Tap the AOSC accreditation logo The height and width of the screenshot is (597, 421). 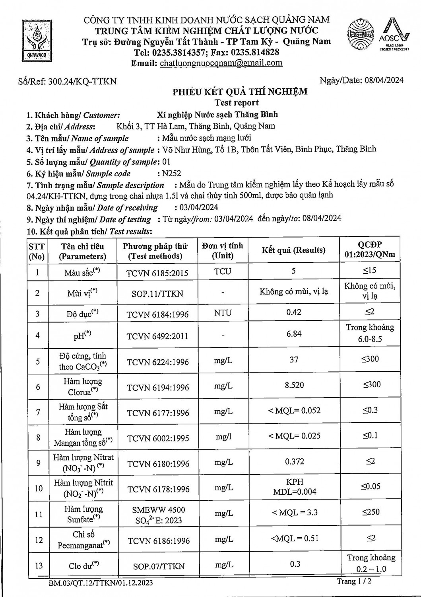tap(394, 35)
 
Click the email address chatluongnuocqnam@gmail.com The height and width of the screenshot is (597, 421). tap(221, 63)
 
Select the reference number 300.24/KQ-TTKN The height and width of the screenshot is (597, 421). tap(82, 82)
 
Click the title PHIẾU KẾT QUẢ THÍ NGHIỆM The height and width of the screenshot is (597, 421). tap(240, 92)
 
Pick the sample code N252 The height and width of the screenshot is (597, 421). tap(171, 173)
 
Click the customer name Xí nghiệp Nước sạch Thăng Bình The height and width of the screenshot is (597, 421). tap(217, 115)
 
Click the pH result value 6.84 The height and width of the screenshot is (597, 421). tap(294, 334)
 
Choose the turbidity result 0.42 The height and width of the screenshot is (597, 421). tap(294, 312)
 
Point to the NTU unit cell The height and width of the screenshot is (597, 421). tap(223, 313)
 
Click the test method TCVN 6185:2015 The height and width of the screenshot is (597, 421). tap(157, 273)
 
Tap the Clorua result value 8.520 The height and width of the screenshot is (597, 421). tap(294, 385)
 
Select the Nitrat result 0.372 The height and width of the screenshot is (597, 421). tap(295, 462)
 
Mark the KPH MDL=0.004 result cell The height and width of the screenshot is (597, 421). tap(295, 487)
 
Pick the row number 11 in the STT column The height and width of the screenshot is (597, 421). tap(38, 514)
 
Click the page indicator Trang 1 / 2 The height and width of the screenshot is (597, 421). tap(354, 581)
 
